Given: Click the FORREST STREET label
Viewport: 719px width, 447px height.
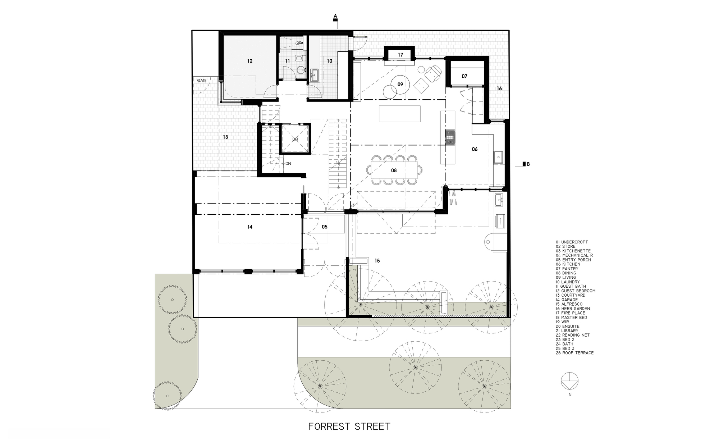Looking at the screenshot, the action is tap(349, 427).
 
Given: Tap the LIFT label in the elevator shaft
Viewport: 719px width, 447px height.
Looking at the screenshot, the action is tap(295, 139).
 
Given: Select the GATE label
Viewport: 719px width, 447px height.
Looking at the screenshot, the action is tap(202, 81).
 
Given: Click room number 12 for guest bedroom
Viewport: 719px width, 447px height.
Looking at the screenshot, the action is tap(250, 61).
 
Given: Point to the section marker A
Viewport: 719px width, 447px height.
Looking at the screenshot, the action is tap(335, 18).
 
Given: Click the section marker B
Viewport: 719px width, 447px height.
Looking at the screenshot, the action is tap(526, 164).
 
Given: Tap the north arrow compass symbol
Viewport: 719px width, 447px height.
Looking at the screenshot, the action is tap(570, 381).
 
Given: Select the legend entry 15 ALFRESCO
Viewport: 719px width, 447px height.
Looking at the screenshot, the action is tap(569, 304).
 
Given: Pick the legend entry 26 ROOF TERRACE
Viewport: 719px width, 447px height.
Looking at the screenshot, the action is tap(574, 353).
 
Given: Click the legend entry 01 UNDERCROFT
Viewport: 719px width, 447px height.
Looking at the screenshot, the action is tap(572, 242).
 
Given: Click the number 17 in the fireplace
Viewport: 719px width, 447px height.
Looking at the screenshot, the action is tap(400, 55).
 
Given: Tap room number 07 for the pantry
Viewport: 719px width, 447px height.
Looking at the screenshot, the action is tap(464, 76).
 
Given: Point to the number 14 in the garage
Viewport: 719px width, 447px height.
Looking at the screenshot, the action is tap(250, 227).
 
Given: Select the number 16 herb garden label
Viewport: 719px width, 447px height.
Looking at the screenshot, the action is tap(499, 88).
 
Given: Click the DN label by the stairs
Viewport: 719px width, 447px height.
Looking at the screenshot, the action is tap(288, 164).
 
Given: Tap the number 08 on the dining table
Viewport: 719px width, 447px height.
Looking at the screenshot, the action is tap(394, 170).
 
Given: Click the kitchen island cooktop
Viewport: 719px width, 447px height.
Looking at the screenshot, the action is tap(450, 137).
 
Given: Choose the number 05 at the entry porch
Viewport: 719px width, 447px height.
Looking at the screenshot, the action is tap(325, 227).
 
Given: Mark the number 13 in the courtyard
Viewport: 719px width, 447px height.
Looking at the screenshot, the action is tap(225, 137).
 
